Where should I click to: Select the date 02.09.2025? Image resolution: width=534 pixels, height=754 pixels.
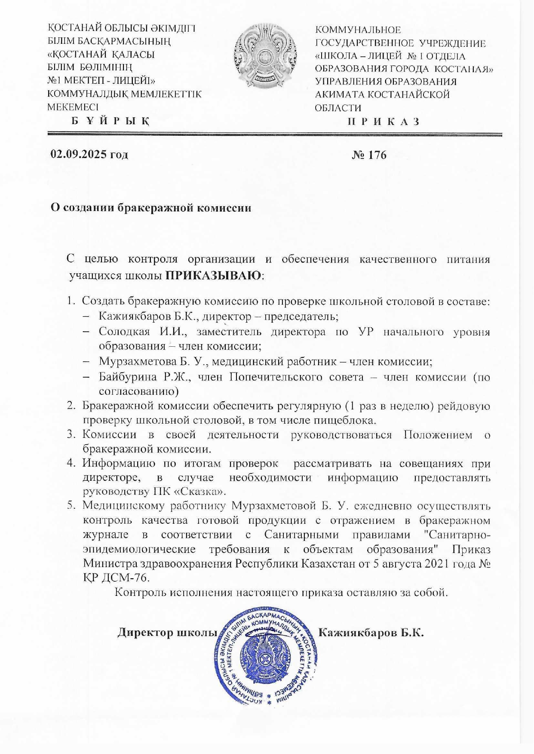(79, 154)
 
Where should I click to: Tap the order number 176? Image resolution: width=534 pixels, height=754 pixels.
(376, 155)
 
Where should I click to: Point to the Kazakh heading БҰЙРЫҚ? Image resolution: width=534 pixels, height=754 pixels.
(110, 122)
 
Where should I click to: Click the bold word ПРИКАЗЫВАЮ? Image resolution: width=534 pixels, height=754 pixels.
(214, 275)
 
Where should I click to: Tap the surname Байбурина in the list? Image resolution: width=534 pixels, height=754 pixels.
(125, 377)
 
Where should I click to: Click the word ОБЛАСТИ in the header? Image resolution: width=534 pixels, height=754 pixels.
(338, 108)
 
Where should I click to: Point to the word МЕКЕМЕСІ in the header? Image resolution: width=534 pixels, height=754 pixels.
(73, 107)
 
